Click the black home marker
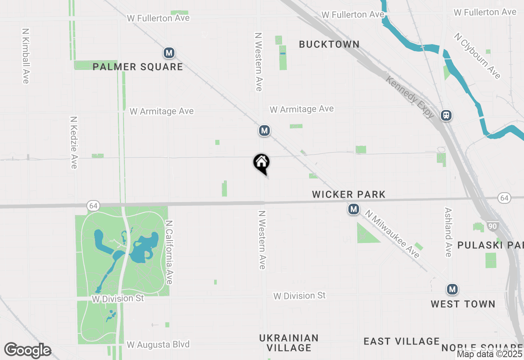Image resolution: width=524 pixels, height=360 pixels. tap(261, 163)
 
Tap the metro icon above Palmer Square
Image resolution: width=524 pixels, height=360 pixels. tap(169, 53)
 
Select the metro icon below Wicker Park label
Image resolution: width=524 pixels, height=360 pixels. tap(354, 209)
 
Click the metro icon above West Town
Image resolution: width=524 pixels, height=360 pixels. tap(452, 290)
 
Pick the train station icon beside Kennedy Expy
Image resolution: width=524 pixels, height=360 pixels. tap(446, 115)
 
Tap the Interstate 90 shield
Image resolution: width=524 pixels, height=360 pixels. tap(492, 226)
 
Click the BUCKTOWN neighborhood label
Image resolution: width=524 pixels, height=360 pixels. tap(329, 44)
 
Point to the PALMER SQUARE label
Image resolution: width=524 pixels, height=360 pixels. tap(138, 67)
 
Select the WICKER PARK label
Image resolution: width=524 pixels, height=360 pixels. tap(349, 194)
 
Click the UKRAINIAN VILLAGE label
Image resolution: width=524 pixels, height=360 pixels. tap(289, 343)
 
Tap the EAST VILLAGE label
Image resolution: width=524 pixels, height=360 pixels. tap(401, 341)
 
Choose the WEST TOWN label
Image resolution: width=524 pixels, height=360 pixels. tap(463, 304)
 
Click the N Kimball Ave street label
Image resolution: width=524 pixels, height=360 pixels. tap(26, 56)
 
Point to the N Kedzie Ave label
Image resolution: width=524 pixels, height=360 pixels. tap(74, 142)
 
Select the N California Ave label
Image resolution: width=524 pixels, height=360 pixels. tap(169, 252)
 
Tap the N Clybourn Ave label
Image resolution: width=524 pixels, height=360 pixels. tap(477, 56)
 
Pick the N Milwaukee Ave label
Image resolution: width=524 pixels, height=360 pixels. tap(393, 234)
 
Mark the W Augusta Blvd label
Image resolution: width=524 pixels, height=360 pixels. tap(158, 344)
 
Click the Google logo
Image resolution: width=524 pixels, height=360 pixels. tap(28, 351)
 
